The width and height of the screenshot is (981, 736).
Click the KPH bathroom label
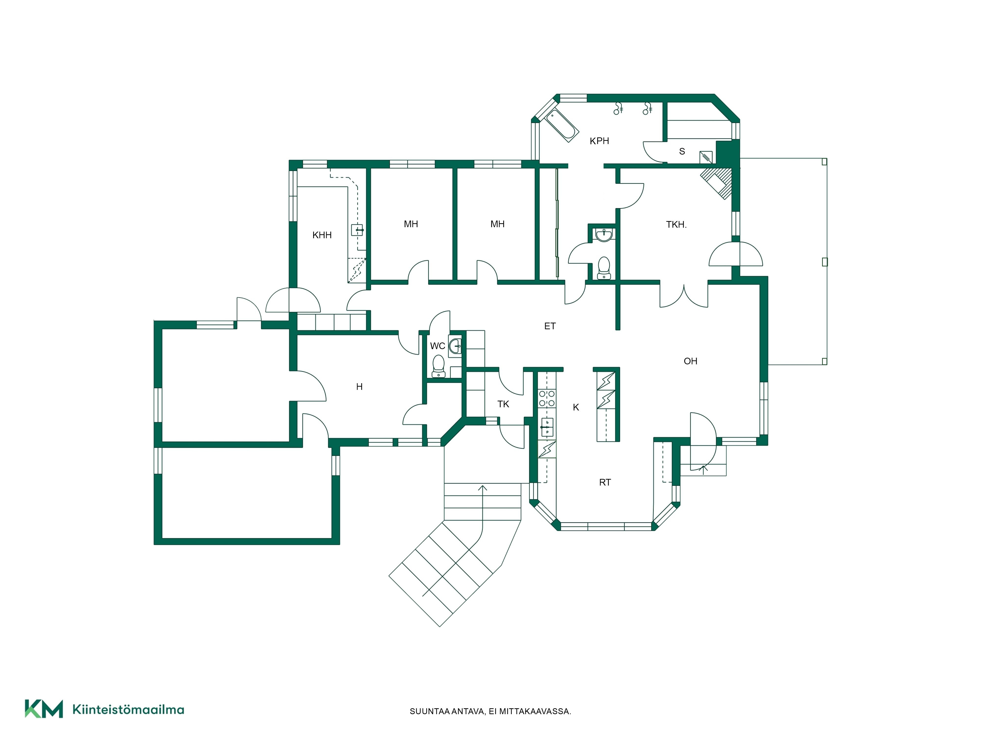(x=599, y=141)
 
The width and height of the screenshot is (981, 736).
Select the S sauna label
(x=682, y=152)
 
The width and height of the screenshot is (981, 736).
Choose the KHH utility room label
(x=322, y=235)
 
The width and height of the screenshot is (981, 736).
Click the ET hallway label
(x=550, y=326)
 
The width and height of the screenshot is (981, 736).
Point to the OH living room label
(x=691, y=361)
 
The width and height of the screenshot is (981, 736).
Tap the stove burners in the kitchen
(x=547, y=398)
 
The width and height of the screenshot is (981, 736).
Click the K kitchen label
(x=576, y=407)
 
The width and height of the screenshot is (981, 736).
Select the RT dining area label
(x=605, y=482)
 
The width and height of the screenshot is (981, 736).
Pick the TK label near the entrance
(x=503, y=404)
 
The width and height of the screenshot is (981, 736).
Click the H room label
(x=359, y=387)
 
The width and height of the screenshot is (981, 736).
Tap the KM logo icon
(x=43, y=709)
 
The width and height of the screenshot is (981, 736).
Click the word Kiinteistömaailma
(x=128, y=710)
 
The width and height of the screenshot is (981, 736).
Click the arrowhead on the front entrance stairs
(x=482, y=488)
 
